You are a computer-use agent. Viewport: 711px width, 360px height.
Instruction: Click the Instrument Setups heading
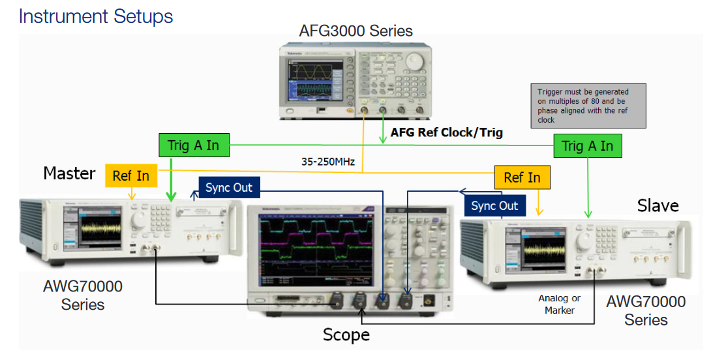click(x=96, y=16)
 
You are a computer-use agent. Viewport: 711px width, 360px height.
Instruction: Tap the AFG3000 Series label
click(x=355, y=31)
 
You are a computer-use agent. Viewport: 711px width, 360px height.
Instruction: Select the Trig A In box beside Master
click(x=194, y=145)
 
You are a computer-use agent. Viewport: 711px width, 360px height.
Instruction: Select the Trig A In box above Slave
click(x=587, y=145)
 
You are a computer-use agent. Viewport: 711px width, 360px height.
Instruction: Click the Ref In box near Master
click(x=130, y=175)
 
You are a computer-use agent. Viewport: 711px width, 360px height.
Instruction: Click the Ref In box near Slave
click(x=522, y=177)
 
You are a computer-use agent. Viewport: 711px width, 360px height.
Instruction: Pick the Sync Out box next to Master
click(x=228, y=188)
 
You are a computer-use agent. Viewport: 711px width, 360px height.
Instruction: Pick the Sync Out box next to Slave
click(x=494, y=206)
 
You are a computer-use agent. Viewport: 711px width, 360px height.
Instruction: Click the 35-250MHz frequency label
click(x=328, y=161)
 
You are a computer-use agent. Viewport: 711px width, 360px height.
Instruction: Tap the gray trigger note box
click(x=588, y=105)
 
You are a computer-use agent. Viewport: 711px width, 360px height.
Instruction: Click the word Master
click(x=69, y=173)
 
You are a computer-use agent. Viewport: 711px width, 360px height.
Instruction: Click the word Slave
click(x=658, y=206)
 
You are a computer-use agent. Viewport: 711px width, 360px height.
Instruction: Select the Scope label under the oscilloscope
click(x=346, y=335)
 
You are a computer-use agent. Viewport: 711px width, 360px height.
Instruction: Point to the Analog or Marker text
click(x=559, y=304)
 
